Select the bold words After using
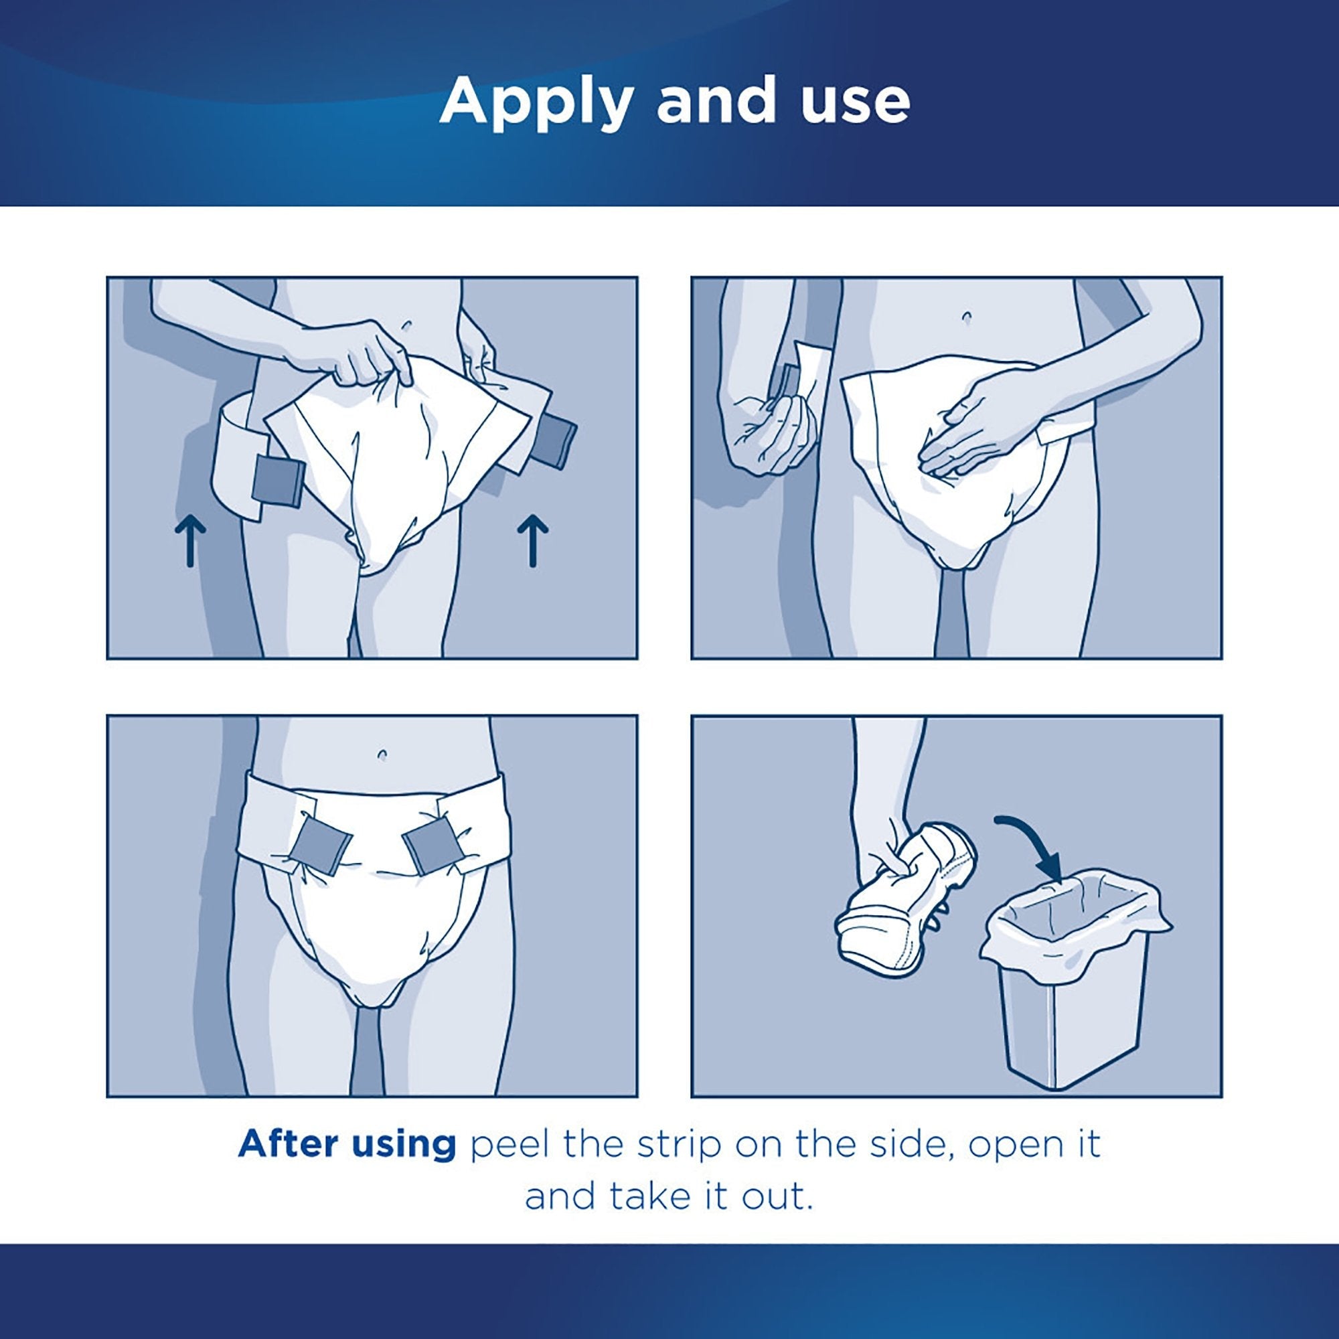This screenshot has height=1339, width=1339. point(347,1144)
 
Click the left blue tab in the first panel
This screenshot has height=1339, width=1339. point(278,479)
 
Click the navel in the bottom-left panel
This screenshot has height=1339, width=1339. point(382,753)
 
